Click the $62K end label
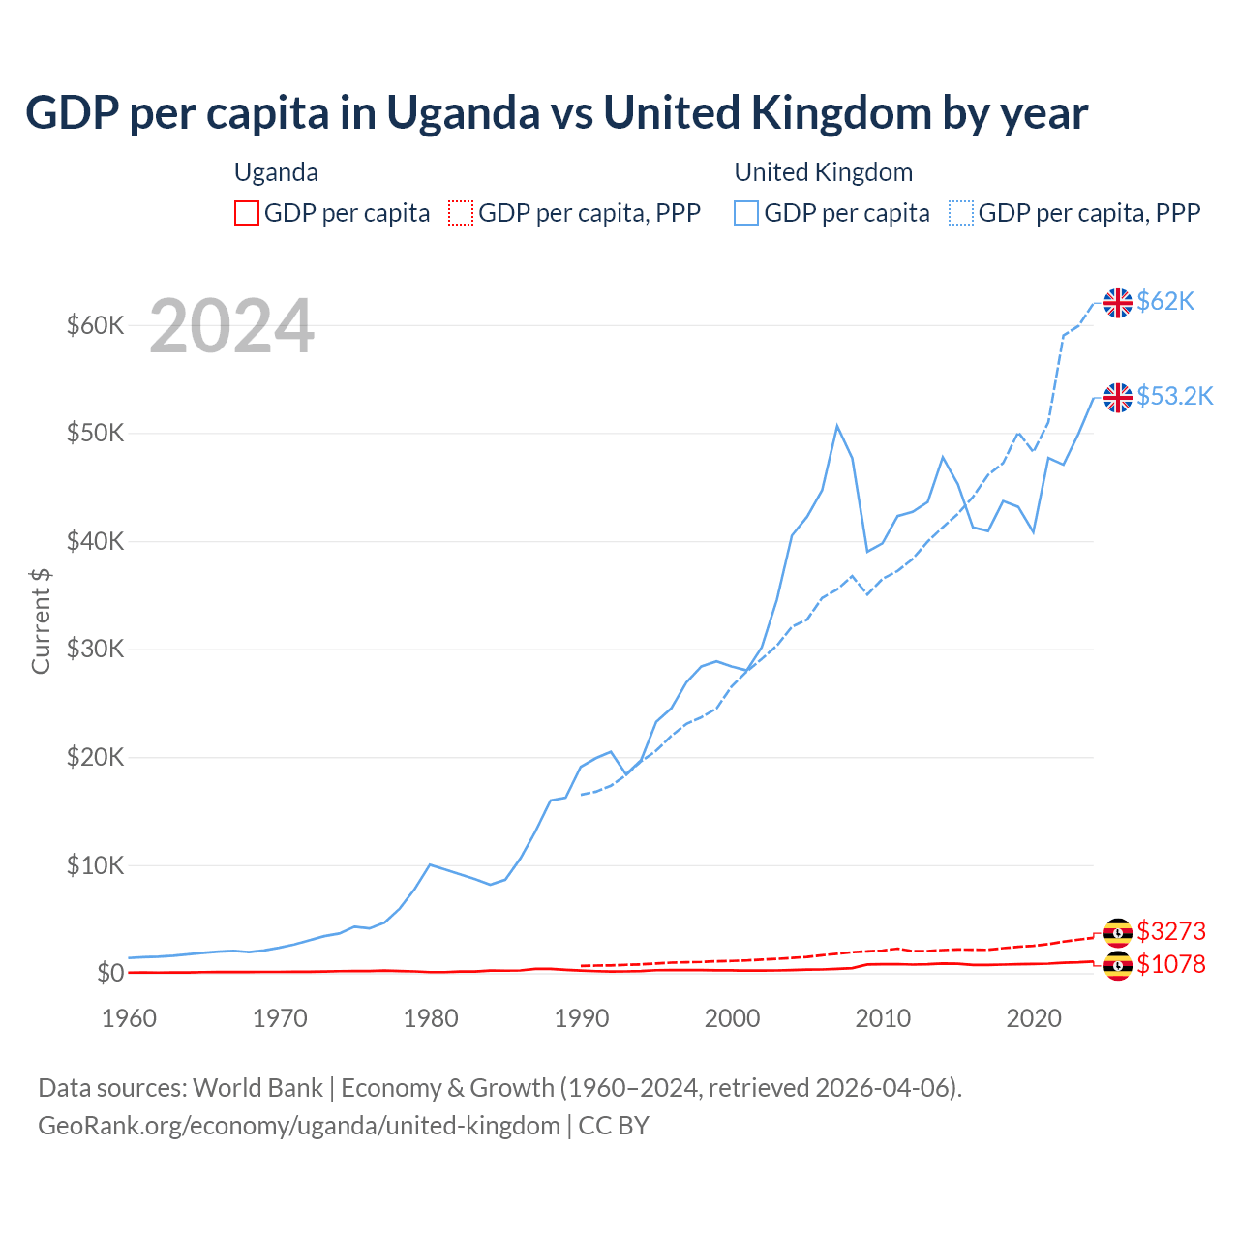(1165, 302)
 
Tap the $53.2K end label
(1174, 396)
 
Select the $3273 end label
(1171, 931)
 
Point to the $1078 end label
(1171, 964)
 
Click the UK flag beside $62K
(1118, 303)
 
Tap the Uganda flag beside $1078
(1118, 965)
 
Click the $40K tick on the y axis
(95, 541)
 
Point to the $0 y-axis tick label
(110, 973)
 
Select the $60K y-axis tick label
(95, 325)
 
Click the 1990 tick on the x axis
(582, 1018)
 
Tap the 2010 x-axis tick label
(884, 1018)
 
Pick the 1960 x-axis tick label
(129, 1018)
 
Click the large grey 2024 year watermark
(231, 326)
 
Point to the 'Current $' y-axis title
(41, 620)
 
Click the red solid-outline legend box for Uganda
(247, 213)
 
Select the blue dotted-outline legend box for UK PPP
(961, 213)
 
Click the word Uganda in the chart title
(464, 112)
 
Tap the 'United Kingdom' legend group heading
(823, 172)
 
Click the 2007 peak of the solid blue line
(837, 426)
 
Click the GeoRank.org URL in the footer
(299, 1126)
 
